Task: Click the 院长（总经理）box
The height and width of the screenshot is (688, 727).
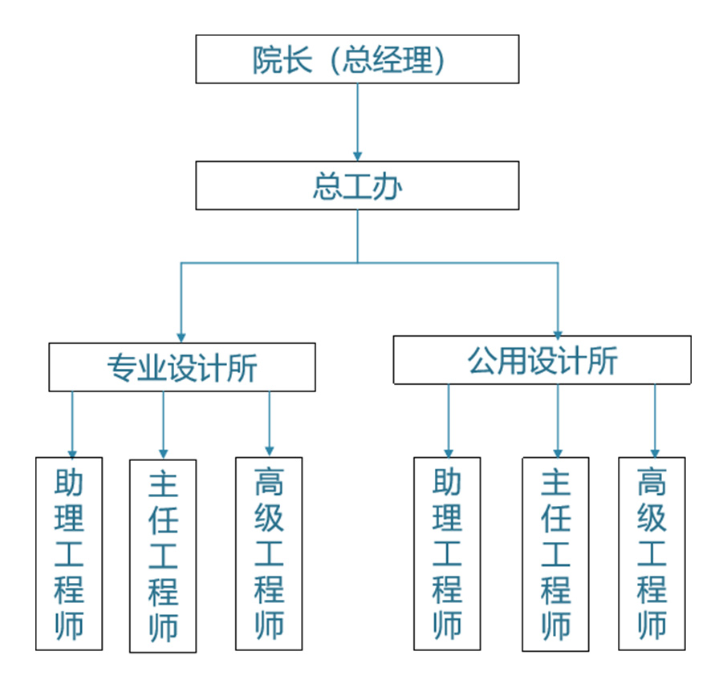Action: pyautogui.click(x=357, y=59)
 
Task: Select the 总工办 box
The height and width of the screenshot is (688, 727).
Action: pyautogui.click(x=357, y=186)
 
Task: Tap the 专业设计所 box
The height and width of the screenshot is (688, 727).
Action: pyautogui.click(x=182, y=367)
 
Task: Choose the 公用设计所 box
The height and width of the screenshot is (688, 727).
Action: pyautogui.click(x=542, y=360)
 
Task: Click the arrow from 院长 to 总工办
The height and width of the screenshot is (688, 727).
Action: pyautogui.click(x=357, y=120)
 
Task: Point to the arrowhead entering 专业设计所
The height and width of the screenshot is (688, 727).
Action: pyautogui.click(x=181, y=337)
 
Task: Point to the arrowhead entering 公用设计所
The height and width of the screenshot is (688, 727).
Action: pyautogui.click(x=558, y=330)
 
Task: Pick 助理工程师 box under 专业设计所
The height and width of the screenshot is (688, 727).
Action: pyautogui.click(x=69, y=553)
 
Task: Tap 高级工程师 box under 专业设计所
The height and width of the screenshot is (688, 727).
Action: pyautogui.click(x=269, y=553)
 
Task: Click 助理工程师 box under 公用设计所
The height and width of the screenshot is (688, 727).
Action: pyautogui.click(x=447, y=553)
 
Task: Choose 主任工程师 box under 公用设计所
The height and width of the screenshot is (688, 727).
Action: pyautogui.click(x=555, y=554)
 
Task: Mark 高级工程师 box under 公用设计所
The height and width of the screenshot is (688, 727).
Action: pyautogui.click(x=652, y=553)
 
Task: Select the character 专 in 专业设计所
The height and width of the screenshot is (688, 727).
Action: pyautogui.click(x=121, y=368)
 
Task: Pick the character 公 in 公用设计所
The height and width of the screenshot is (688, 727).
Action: pyautogui.click(x=481, y=361)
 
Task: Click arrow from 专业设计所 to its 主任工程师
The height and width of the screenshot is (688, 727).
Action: pyautogui.click(x=163, y=425)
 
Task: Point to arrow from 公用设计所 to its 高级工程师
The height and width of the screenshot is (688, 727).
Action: pyautogui.click(x=654, y=421)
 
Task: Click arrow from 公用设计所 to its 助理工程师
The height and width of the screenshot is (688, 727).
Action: pyautogui.click(x=448, y=421)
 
